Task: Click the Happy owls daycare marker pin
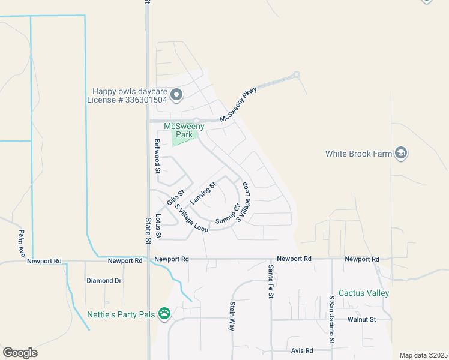[176, 95]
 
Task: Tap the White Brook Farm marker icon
[401, 154]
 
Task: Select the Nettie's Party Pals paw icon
[164, 313]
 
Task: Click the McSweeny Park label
[184, 130]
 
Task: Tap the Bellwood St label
[158, 156]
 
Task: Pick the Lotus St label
[158, 226]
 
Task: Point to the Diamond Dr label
[104, 280]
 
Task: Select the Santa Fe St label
[271, 281]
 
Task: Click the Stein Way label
[232, 316]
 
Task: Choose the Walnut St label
[361, 320]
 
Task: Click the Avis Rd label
[302, 350]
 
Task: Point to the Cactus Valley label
[364, 293]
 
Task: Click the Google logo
[20, 353]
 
